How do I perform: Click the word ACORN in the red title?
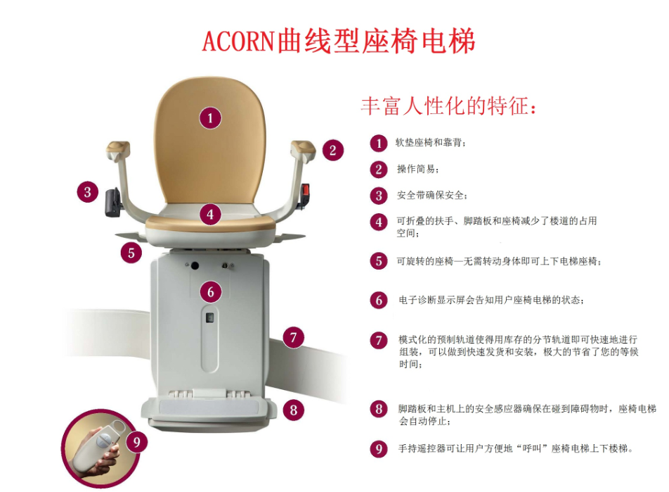(238, 42)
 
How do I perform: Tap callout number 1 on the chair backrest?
(210, 118)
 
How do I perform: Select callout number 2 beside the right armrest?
(333, 150)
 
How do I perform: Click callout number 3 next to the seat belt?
(87, 192)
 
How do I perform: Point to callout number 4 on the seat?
(210, 214)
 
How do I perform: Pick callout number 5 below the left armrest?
(131, 253)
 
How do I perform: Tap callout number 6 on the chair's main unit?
(211, 292)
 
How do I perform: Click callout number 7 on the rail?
(293, 338)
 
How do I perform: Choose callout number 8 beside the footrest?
(294, 410)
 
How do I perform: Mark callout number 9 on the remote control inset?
(136, 441)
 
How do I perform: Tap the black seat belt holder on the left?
(112, 203)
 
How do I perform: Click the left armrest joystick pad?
(118, 148)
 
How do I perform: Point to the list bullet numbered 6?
(379, 300)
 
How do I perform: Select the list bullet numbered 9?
(379, 449)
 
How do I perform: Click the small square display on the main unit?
(209, 318)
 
